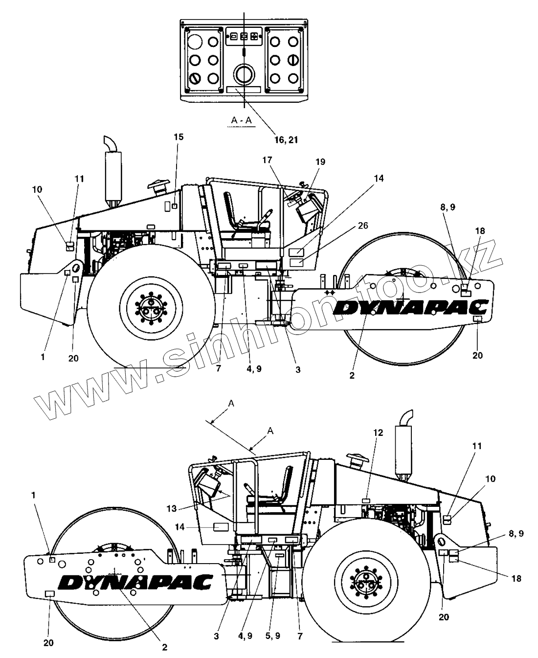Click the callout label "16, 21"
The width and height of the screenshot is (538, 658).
click(x=286, y=139)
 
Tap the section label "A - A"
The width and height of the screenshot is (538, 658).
click(x=242, y=120)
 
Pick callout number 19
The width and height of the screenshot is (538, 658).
click(x=320, y=161)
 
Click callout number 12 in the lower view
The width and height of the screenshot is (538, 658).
click(x=378, y=432)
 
